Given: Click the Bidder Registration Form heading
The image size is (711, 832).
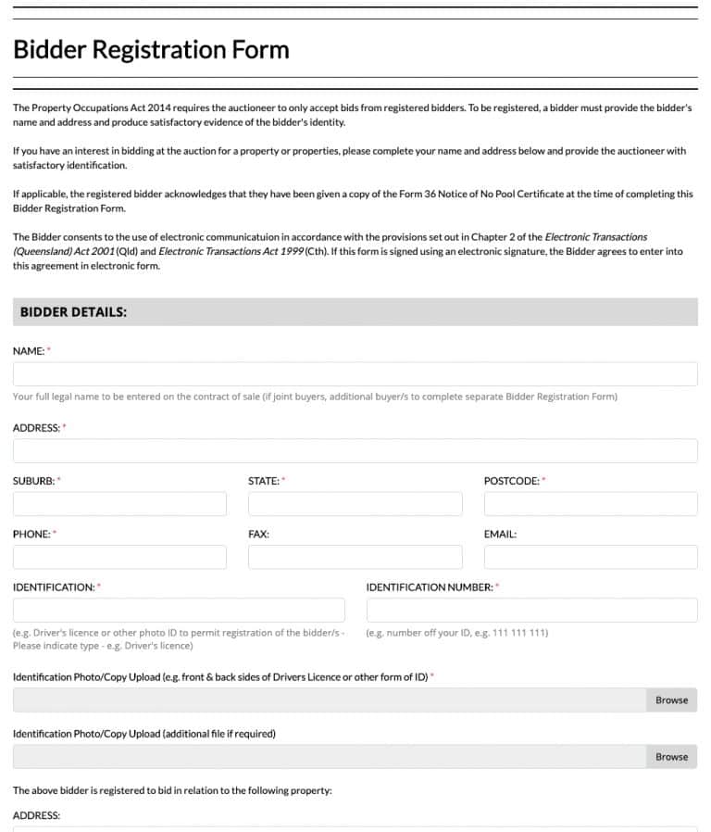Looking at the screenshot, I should click(151, 50).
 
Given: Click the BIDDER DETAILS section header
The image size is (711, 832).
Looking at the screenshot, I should click(73, 312).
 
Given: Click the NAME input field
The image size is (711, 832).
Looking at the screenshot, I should click(355, 374).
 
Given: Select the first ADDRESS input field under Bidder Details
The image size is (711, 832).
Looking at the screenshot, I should click(355, 451).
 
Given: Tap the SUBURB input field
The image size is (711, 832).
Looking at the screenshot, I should click(119, 504).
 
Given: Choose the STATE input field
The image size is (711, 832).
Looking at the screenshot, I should click(355, 504).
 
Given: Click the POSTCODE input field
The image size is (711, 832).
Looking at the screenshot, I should click(591, 504).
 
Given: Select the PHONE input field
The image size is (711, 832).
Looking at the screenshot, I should click(119, 557).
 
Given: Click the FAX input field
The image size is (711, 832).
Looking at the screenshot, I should click(355, 557).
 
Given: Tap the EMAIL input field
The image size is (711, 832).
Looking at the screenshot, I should click(591, 557).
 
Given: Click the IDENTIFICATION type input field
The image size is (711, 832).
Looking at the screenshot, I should click(179, 610).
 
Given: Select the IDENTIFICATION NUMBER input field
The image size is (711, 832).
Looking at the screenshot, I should click(531, 610).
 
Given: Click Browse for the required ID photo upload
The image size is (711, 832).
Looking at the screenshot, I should click(671, 700).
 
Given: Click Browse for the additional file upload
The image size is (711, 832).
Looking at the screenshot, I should click(671, 757).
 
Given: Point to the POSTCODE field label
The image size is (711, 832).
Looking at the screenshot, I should click(512, 481).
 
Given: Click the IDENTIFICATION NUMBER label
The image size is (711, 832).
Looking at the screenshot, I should click(430, 587).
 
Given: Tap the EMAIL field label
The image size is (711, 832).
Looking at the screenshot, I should click(500, 535).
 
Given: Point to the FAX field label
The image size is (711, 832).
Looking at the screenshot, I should click(258, 535).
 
